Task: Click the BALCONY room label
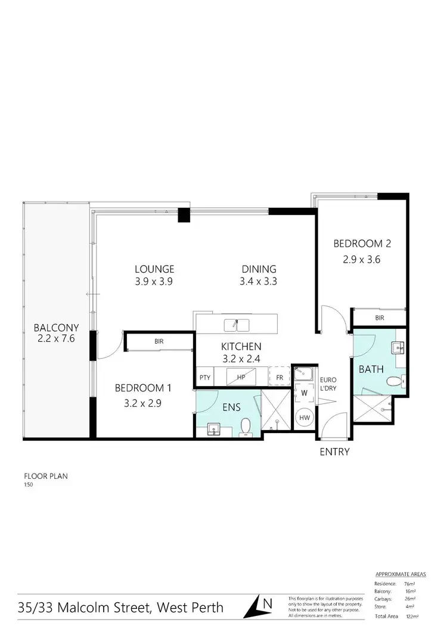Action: pyautogui.click(x=54, y=328)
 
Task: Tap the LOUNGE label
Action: pyautogui.click(x=154, y=269)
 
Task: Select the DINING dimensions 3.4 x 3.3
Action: pyautogui.click(x=259, y=282)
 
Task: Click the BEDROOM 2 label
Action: pyautogui.click(x=362, y=243)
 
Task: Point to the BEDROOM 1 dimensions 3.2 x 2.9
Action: pyautogui.click(x=143, y=402)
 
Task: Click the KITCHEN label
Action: pyautogui.click(x=241, y=346)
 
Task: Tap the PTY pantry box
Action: pyautogui.click(x=205, y=377)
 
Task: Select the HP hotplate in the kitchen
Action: pyautogui.click(x=241, y=376)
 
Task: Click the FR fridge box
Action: pyautogui.click(x=279, y=377)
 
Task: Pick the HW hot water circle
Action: pyautogui.click(x=305, y=418)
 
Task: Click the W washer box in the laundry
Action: pyautogui.click(x=305, y=393)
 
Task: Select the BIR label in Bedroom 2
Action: pyautogui.click(x=380, y=318)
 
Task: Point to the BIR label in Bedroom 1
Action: pyautogui.click(x=159, y=342)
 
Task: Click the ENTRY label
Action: pyautogui.click(x=334, y=452)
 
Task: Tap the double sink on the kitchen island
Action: pyautogui.click(x=237, y=325)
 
